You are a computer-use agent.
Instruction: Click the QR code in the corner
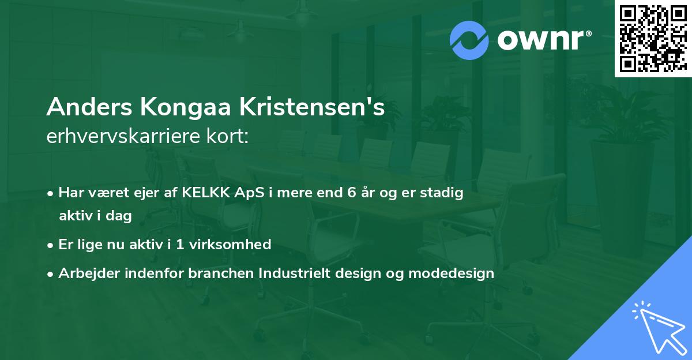(x=653, y=39)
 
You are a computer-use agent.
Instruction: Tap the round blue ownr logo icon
(x=469, y=40)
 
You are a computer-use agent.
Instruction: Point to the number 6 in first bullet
(x=351, y=193)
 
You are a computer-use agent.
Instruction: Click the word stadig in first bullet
(x=443, y=193)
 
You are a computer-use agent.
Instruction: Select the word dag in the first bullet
(x=120, y=216)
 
